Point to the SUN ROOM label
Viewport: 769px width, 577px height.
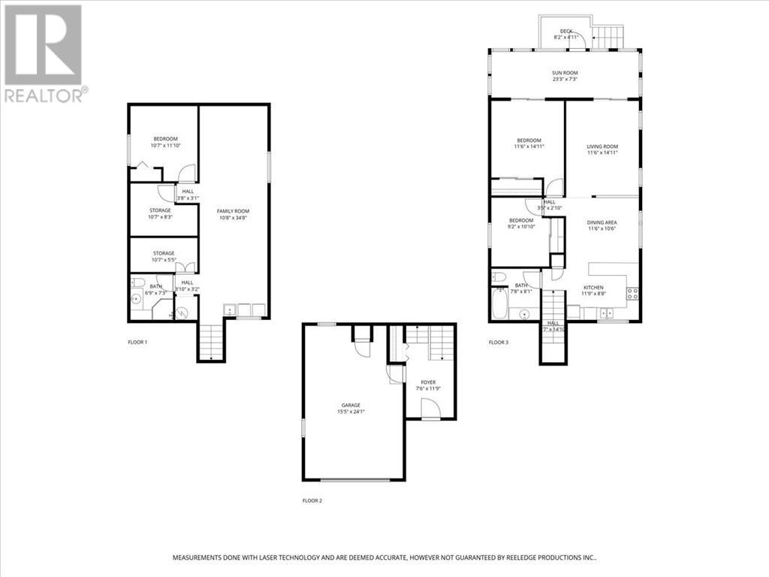coord(565,72)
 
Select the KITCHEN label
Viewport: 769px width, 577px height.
coord(594,287)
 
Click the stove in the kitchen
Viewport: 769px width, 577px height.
coord(632,294)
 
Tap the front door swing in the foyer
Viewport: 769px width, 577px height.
coord(430,409)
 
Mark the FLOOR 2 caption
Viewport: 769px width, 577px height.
coord(313,500)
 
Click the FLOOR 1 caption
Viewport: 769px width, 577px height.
coord(137,342)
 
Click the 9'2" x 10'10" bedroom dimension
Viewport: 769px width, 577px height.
coord(521,227)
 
